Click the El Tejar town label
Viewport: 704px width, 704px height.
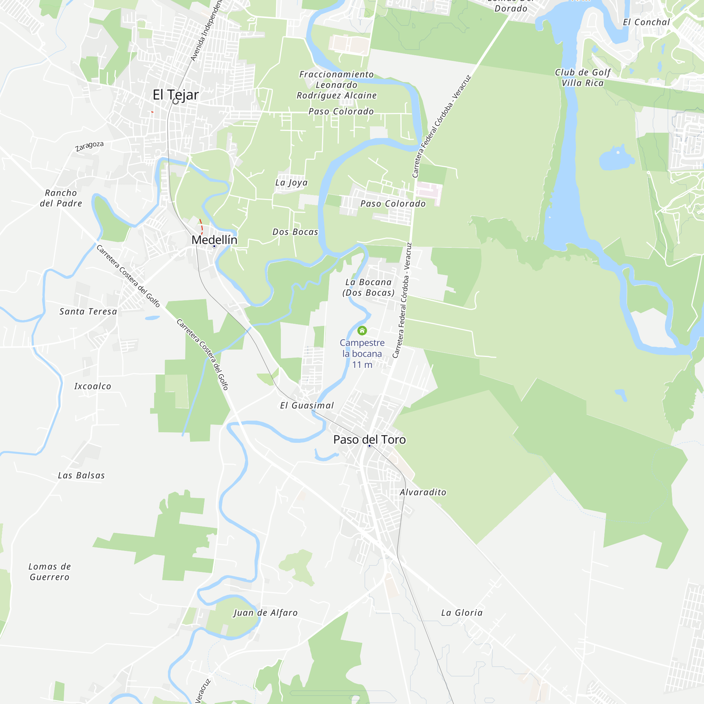[x=176, y=95]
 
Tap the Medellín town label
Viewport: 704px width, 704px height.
[x=214, y=240]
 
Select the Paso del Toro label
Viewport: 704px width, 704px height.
[x=369, y=440]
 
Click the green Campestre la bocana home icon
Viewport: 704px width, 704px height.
[x=362, y=331]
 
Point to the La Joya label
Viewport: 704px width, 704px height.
[x=291, y=183]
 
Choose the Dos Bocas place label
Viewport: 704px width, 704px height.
[x=295, y=232]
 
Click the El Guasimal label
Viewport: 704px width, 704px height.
[x=307, y=406]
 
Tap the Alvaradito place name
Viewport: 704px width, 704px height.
[x=423, y=492]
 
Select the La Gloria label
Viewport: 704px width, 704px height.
[x=462, y=613]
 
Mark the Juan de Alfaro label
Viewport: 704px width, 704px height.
[x=266, y=613]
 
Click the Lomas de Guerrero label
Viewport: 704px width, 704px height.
[x=50, y=572]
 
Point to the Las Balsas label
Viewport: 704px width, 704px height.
[x=81, y=476]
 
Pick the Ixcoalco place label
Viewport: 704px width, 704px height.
[x=93, y=386]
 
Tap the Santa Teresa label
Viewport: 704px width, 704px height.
[x=88, y=312]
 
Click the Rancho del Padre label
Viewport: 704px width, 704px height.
[x=61, y=198]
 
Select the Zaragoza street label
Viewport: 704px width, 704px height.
[x=89, y=146]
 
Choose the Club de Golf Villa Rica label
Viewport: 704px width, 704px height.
[x=582, y=77]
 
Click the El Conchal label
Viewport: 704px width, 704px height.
[x=646, y=22]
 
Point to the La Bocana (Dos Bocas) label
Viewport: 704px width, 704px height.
[x=369, y=288]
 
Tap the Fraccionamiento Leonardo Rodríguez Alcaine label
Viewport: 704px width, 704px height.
[x=336, y=85]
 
